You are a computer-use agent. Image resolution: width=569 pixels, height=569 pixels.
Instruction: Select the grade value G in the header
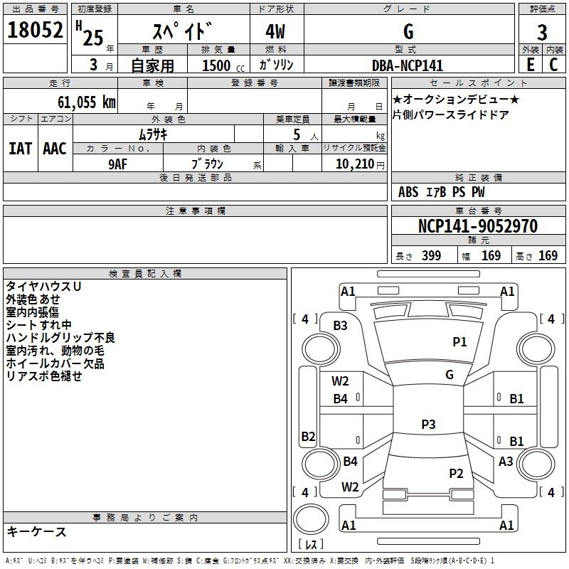[x=408, y=31]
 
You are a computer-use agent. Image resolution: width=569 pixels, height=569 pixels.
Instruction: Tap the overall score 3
[x=542, y=32]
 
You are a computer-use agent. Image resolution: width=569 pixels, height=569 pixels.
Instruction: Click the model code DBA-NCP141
[x=408, y=65]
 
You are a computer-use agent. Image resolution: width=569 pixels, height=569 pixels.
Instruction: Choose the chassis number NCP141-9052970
[x=477, y=226]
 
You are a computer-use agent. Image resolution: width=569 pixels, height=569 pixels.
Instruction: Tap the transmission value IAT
[x=20, y=149]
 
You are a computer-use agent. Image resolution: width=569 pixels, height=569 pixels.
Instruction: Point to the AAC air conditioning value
[x=54, y=149]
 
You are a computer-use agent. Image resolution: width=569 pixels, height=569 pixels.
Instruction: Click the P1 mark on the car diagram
[x=460, y=342]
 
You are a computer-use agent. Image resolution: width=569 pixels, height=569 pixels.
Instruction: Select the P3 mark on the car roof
[x=427, y=425]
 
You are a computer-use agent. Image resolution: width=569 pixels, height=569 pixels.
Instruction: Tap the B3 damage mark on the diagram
[x=341, y=326]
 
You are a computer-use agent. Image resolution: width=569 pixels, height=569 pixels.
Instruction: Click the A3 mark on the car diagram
[x=506, y=462]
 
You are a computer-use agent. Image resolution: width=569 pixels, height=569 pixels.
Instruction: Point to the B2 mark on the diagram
[x=308, y=436]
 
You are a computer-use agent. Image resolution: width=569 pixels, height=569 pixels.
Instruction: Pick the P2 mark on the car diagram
[x=456, y=473]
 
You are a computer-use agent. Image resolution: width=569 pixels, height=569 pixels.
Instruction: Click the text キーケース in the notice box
[x=36, y=532]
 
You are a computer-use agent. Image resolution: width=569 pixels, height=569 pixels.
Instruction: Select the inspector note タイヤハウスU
[x=43, y=287]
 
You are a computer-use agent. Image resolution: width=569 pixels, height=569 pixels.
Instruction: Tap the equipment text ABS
[x=408, y=192]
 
